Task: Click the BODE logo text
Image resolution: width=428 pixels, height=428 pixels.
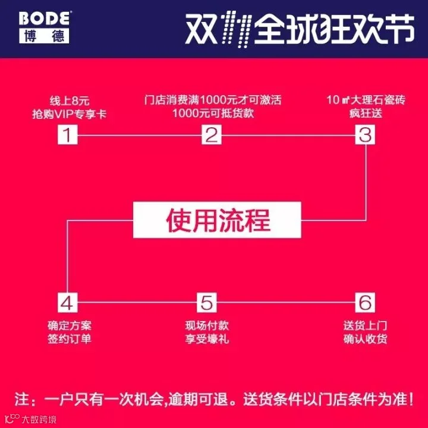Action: (45, 18)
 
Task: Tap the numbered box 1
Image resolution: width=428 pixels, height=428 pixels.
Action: (67, 134)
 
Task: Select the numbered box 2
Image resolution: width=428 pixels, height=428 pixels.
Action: (212, 134)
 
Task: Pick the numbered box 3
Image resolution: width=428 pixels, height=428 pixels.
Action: (365, 134)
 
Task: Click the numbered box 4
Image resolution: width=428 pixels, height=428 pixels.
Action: (67, 303)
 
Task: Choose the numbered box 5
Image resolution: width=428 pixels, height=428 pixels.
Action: (207, 303)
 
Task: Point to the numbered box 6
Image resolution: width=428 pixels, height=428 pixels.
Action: (365, 303)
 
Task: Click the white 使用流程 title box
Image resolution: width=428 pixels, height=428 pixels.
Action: (218, 220)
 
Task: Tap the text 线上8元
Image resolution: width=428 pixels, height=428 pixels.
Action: (70, 100)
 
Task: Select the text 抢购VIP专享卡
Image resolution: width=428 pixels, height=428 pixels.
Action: (70, 114)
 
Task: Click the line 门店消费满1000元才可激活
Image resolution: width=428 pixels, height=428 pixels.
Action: (213, 100)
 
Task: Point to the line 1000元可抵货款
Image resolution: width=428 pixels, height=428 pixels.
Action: (213, 113)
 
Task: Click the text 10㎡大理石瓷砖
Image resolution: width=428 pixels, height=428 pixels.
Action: (366, 100)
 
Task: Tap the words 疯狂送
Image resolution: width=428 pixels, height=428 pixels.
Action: (366, 114)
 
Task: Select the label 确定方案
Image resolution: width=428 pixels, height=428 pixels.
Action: (70, 326)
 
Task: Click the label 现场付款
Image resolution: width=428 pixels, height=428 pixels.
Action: (207, 326)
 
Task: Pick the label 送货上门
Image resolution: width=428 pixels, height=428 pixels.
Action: (365, 326)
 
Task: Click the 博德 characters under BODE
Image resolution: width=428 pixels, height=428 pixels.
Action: (44, 36)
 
